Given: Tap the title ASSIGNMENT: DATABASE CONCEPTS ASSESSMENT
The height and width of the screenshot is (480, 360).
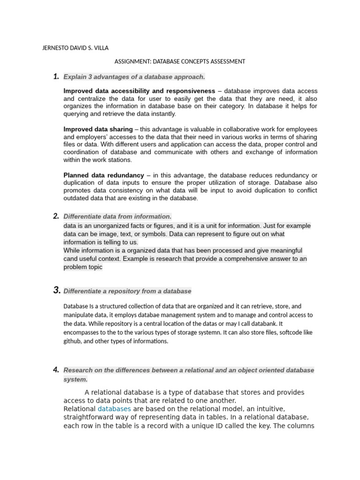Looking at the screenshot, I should (180, 61).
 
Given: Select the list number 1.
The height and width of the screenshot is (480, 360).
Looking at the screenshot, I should (56, 76).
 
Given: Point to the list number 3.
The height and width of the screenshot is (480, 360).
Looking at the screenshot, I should (56, 291).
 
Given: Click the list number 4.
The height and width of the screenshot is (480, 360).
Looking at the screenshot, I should (56, 370).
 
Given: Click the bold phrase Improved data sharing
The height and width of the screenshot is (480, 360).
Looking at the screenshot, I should (97, 129).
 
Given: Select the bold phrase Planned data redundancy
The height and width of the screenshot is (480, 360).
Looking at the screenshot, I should (103, 175).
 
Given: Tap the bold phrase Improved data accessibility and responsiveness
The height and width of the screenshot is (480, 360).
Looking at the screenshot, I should (139, 90).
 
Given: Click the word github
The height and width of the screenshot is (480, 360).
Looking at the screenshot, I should (73, 341).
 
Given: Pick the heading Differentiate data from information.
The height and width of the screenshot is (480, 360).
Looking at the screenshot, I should (117, 217).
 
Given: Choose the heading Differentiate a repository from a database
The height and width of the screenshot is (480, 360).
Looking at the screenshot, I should (127, 291).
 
